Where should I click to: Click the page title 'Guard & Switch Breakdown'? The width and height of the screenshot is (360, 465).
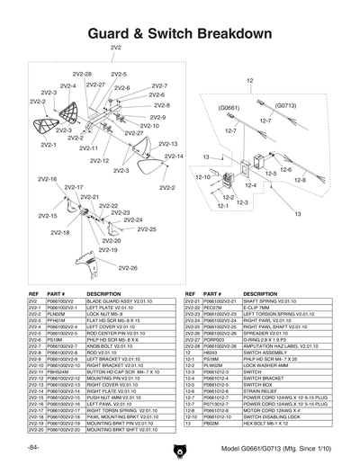point(180,33)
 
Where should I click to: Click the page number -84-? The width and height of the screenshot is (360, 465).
point(33,447)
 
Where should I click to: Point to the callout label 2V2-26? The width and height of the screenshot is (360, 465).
point(128,268)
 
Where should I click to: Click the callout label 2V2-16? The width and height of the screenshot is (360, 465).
point(47,179)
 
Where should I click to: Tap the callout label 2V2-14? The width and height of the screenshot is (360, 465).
point(174,156)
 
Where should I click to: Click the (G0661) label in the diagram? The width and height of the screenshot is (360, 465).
point(229,106)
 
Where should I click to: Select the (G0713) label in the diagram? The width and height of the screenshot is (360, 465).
point(286,104)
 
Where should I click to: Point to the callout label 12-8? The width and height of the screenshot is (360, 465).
point(300,180)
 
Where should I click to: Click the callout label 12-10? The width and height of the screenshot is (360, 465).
point(203,178)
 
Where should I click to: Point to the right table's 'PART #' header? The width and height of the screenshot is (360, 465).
point(214,294)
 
